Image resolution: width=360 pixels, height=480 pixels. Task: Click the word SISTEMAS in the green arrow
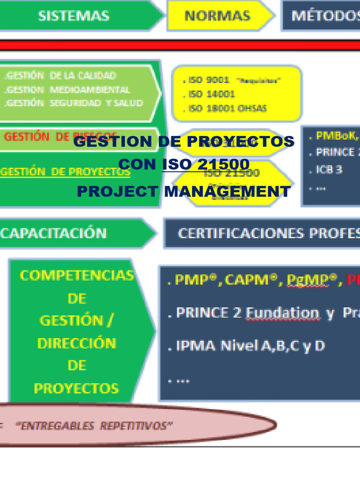74,15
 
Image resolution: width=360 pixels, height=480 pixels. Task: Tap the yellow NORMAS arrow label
217,15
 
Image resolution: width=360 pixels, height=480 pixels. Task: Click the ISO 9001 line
206,80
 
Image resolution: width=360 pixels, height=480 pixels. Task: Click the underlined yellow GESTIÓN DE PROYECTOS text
66,172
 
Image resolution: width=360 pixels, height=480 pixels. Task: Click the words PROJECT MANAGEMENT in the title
184,191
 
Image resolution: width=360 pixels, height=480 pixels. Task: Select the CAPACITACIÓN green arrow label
53,233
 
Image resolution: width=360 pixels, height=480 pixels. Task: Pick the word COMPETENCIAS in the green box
77,276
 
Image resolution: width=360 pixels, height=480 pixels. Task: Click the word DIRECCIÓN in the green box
77,343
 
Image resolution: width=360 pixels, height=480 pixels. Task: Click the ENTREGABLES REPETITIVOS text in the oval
94,426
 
